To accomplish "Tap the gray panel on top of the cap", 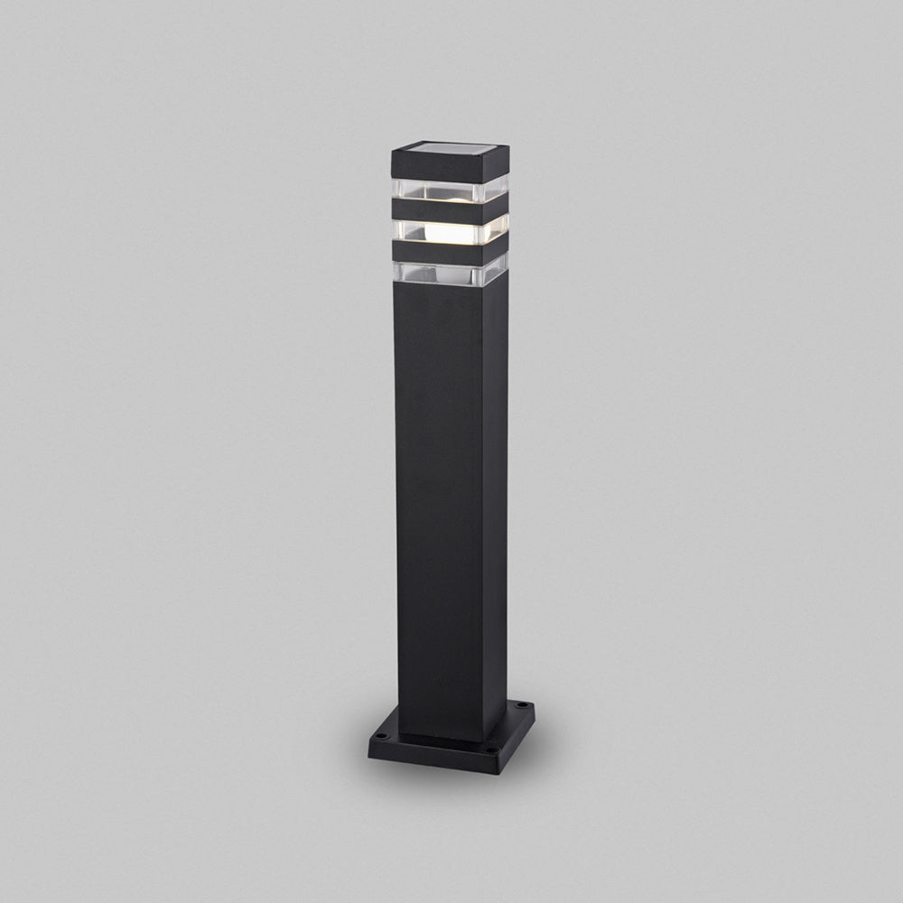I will pyautogui.click(x=451, y=147).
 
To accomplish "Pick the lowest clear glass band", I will pyautogui.click(x=439, y=272).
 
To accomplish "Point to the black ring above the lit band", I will pyautogui.click(x=438, y=209).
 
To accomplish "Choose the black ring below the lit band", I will pyautogui.click(x=438, y=251).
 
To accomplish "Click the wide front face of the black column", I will pyautogui.click(x=439, y=506).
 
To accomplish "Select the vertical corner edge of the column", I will pyautogui.click(x=483, y=506).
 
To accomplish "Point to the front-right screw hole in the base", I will pyautogui.click(x=493, y=749).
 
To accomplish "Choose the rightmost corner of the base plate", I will pyautogui.click(x=534, y=707).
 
